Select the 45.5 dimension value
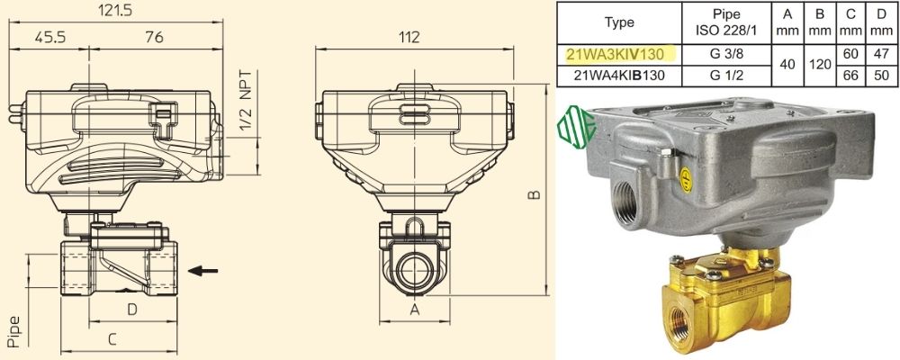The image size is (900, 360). point(49,37)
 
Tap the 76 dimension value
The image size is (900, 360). point(154,37)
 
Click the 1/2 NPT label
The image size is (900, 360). point(246,101)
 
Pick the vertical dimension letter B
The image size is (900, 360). point(534,195)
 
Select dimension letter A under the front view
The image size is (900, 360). point(414,310)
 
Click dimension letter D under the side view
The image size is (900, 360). point(132,310)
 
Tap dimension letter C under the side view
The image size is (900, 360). point(112,339)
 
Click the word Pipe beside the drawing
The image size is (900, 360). point(14,332)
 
